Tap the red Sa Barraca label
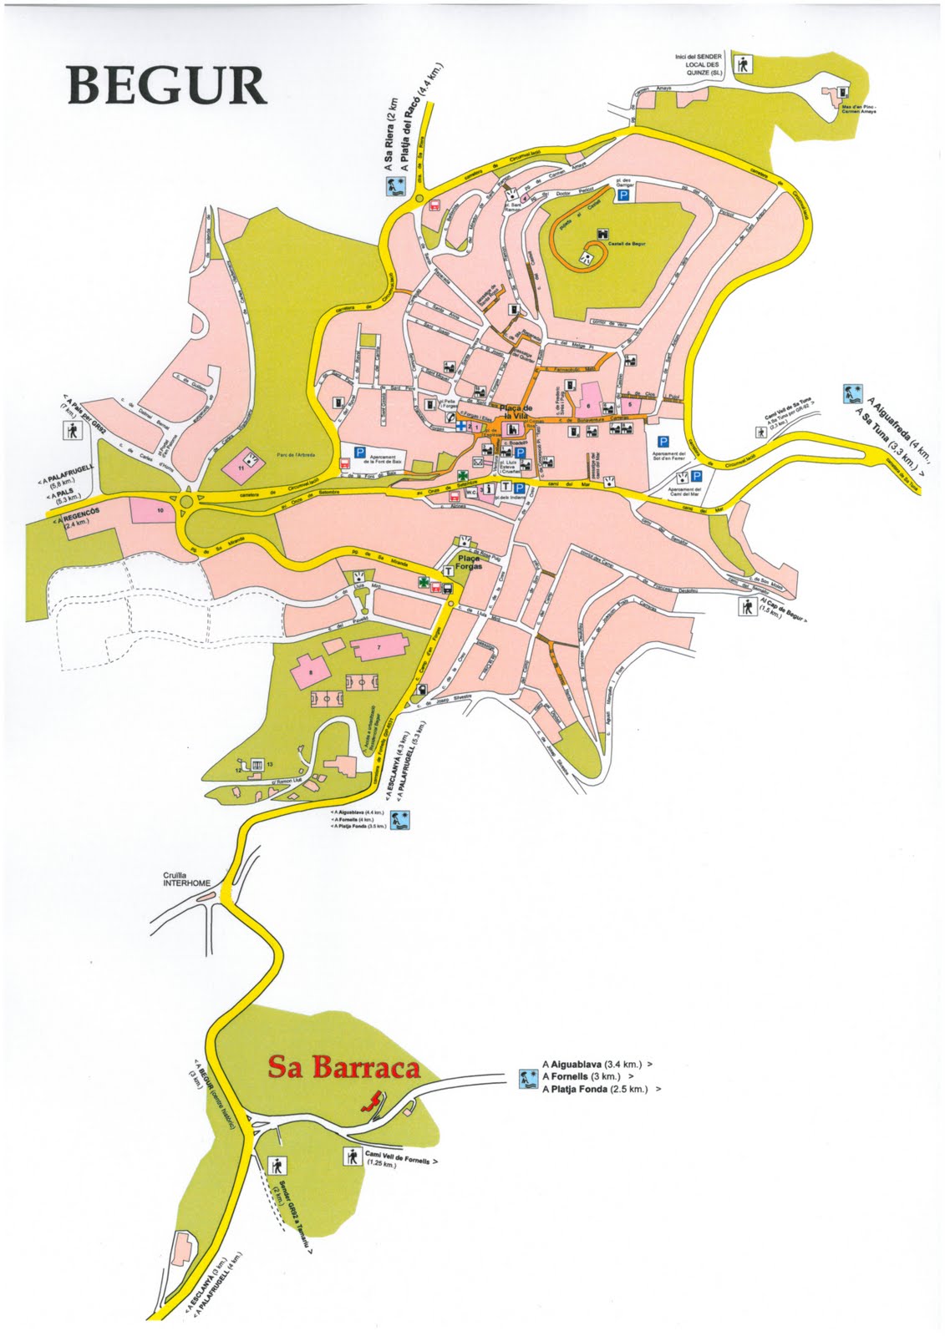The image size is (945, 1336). [343, 1067]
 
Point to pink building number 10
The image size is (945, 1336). [159, 508]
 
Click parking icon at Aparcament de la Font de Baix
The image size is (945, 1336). [359, 452]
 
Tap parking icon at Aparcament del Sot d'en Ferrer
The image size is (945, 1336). [663, 443]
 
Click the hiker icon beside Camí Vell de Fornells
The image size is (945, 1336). [352, 1156]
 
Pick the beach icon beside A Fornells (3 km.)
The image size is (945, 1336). [527, 1077]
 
